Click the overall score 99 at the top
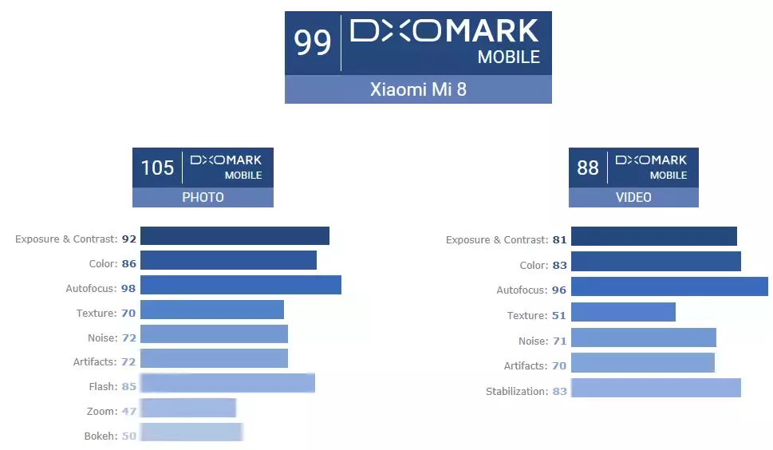(x=313, y=42)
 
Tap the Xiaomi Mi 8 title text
(x=418, y=89)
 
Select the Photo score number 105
(x=157, y=168)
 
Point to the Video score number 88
(x=588, y=168)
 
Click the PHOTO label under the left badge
(x=203, y=197)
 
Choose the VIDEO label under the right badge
(x=633, y=197)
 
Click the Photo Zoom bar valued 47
(x=188, y=409)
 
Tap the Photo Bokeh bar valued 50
(x=191, y=432)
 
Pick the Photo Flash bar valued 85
(x=227, y=383)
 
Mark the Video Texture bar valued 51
(x=623, y=312)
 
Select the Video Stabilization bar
(x=656, y=388)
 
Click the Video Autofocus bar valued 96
(x=669, y=286)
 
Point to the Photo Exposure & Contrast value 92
(x=128, y=239)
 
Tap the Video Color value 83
(x=559, y=265)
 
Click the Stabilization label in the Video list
(x=516, y=392)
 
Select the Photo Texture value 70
(x=128, y=313)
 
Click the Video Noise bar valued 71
(x=644, y=337)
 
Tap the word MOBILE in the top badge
(x=508, y=57)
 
